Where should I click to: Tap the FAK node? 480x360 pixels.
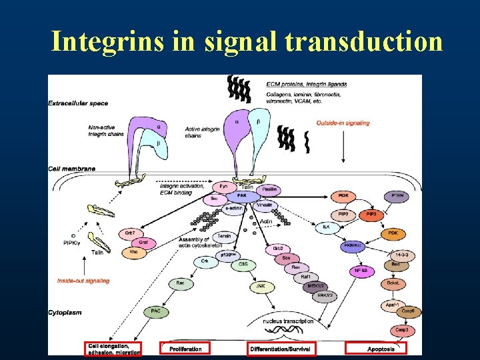click(242, 197)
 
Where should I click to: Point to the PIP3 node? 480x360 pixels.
click(370, 215)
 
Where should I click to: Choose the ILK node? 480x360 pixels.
click(326, 227)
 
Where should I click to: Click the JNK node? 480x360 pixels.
click(260, 287)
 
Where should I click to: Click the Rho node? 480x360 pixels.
click(133, 253)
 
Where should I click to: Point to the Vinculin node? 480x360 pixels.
click(264, 207)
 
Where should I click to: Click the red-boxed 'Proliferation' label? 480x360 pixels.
click(185, 349)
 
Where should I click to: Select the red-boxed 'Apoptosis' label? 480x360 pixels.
click(384, 349)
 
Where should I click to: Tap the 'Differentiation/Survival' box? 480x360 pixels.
click(281, 349)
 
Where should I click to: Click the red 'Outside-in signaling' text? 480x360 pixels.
click(343, 123)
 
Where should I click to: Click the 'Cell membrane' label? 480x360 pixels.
click(71, 169)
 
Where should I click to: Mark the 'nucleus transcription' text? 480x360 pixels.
click(287, 321)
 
